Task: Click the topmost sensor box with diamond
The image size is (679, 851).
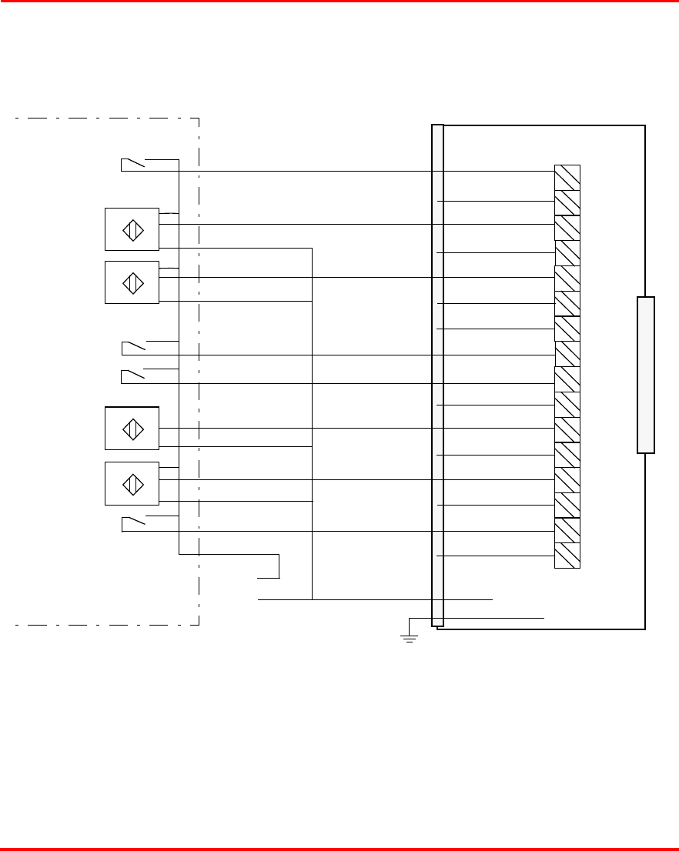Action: point(132,229)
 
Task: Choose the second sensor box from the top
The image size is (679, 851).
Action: point(132,282)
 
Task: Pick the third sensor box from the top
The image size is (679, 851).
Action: point(132,429)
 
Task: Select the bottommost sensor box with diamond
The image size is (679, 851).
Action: point(132,483)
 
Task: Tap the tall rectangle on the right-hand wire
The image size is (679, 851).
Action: point(646,375)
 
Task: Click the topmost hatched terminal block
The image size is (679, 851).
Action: point(567,177)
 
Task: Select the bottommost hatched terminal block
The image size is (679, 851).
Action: point(567,556)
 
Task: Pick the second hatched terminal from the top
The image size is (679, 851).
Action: point(567,202)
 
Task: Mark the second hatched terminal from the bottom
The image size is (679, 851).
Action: point(567,531)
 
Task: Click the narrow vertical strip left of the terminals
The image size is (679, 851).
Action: point(437,375)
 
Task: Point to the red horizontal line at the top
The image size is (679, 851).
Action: point(339,2)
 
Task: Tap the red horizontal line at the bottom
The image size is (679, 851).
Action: point(339,849)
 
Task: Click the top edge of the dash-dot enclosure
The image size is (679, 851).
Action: point(108,118)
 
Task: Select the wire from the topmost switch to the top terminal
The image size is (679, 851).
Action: point(362,171)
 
